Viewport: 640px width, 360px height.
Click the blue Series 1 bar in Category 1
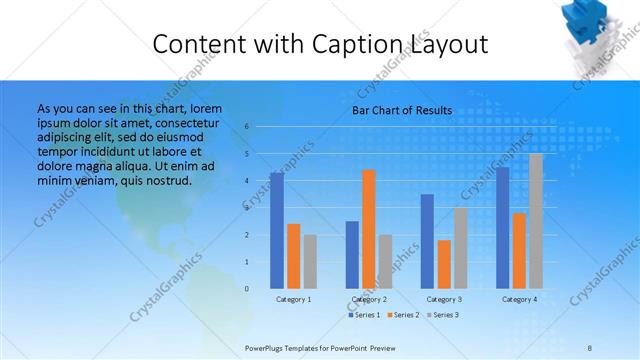point(277,230)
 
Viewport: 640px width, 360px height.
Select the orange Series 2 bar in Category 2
point(369,229)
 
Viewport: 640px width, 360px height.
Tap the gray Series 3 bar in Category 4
point(536,221)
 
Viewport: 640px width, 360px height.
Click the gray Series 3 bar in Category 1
point(310,261)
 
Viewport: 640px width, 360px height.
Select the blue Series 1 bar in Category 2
point(352,254)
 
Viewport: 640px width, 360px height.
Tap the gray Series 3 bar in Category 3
point(461,248)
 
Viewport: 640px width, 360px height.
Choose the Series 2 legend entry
point(404,315)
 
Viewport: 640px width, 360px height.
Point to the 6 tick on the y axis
point(246,127)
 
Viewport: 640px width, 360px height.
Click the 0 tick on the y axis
point(246,288)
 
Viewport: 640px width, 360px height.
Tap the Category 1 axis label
point(293,299)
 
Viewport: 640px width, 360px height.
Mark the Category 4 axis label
point(519,299)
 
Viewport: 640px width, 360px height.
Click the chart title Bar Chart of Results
point(402,110)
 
